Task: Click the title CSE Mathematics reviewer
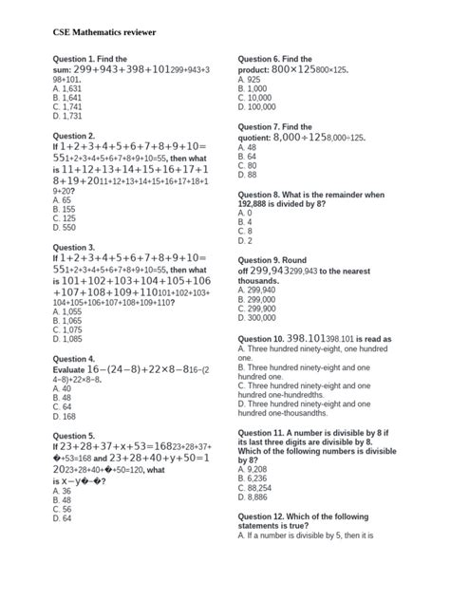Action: [x=104, y=32]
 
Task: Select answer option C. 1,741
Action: [x=68, y=107]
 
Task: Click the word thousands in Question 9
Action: [x=260, y=281]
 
